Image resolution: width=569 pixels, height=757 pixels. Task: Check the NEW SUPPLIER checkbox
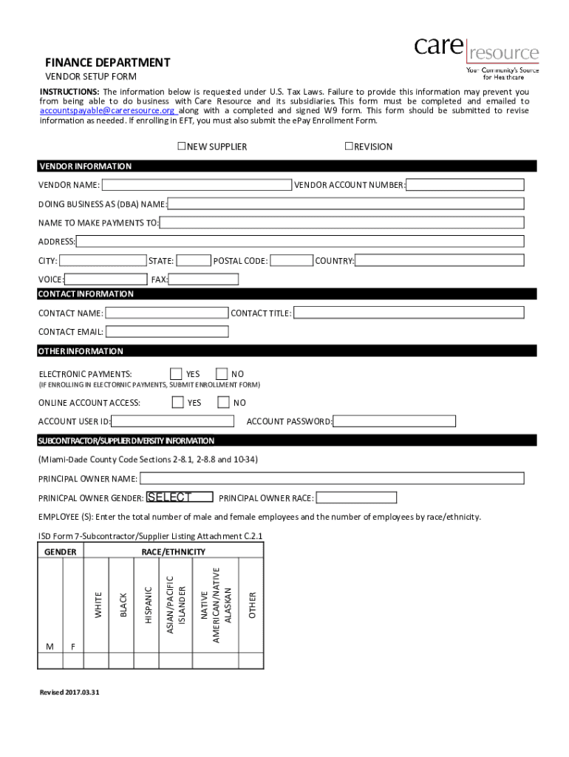(181, 146)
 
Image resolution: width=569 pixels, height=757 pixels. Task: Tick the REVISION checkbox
(349, 146)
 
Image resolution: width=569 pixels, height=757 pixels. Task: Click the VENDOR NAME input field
(197, 185)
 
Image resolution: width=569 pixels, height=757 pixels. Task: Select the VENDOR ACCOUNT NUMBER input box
(465, 185)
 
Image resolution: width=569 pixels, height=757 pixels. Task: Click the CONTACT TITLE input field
(409, 313)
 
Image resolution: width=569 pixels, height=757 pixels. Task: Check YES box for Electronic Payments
(176, 374)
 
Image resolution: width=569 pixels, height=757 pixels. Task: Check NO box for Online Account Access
(223, 403)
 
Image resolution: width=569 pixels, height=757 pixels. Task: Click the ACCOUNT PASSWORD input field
(394, 421)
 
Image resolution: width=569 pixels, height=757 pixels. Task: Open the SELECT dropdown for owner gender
(180, 498)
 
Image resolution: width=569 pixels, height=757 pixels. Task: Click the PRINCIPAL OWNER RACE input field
(356, 498)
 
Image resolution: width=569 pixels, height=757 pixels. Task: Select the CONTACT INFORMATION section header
(86, 294)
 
